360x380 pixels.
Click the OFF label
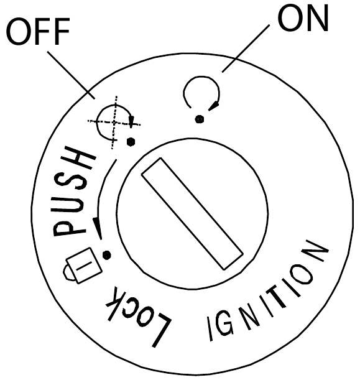(38, 31)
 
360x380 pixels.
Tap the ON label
(303, 18)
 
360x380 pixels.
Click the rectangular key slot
(192, 213)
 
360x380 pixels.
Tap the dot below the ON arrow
(200, 119)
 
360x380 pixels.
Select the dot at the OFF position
(131, 142)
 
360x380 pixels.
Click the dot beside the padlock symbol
(106, 255)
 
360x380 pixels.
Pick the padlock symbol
(82, 266)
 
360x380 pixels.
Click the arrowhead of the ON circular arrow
(214, 106)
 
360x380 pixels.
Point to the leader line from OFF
(71, 75)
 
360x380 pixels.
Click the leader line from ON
(246, 49)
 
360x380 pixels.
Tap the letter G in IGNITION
(224, 325)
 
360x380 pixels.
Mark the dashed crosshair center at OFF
(114, 123)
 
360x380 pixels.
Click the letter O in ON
(289, 19)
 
